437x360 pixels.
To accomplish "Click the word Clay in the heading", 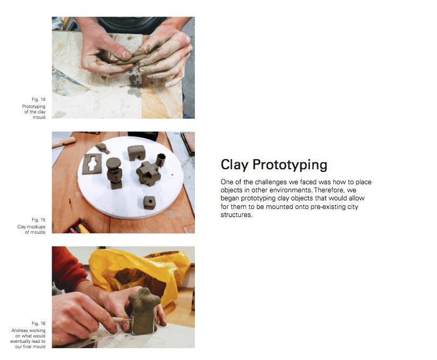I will click(x=234, y=164).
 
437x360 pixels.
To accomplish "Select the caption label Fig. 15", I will click(x=39, y=220).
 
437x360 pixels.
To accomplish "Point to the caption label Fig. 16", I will click(x=39, y=323).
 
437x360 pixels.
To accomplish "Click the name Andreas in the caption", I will click(x=20, y=330).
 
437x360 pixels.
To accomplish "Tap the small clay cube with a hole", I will click(x=149, y=203).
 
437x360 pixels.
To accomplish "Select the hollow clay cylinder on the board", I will click(x=161, y=160).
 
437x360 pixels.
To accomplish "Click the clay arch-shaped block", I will click(x=136, y=153).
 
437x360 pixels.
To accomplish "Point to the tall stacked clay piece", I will click(x=114, y=172).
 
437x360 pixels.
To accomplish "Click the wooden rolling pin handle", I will click(x=63, y=142).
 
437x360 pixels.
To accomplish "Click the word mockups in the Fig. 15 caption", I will click(x=35, y=227).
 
